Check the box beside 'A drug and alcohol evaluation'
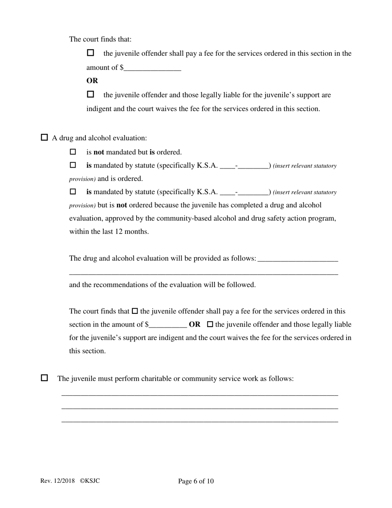[x=45, y=138]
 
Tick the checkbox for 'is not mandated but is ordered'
[x=73, y=152]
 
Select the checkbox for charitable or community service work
[x=45, y=378]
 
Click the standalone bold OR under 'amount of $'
[x=92, y=81]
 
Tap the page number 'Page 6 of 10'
[x=196, y=481]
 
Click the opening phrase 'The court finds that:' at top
[x=100, y=39]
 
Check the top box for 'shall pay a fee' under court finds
[x=91, y=53]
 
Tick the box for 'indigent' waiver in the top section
[x=91, y=95]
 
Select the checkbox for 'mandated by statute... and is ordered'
[x=73, y=165]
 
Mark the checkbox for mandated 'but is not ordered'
[x=73, y=192]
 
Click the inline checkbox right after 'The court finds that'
[x=135, y=311]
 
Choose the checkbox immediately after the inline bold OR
[x=210, y=325]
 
